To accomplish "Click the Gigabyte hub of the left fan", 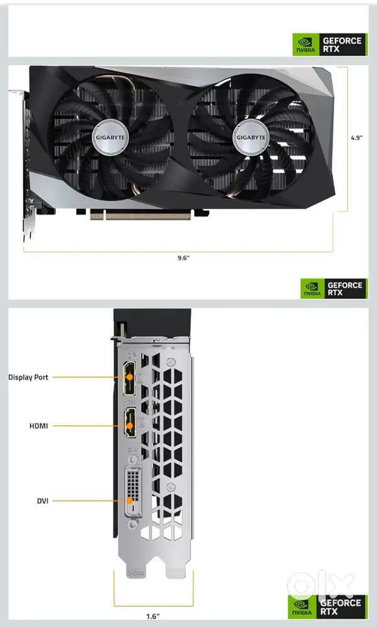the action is tap(110, 138).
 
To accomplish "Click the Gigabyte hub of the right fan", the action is tap(251, 138).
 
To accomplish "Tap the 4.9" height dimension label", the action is tap(356, 138).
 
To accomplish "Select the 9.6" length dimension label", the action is tap(183, 258).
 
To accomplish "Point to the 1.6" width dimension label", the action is tap(152, 616).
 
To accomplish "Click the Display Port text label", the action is tap(28, 377).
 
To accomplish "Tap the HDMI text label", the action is tap(38, 426).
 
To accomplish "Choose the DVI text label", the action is tap(43, 501).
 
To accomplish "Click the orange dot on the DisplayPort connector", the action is tap(129, 377).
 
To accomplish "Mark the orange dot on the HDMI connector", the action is tap(129, 425).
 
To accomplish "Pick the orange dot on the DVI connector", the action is tap(130, 501).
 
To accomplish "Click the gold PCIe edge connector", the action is tap(140, 216).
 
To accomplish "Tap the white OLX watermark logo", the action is tap(320, 585).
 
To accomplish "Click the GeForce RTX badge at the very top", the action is tap(330, 45).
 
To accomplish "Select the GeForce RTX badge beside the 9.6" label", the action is tap(334, 288).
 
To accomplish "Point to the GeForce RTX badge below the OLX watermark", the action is tap(328, 607).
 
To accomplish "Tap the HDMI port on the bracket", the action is tap(130, 422).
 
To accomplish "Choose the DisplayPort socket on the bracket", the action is tap(130, 377).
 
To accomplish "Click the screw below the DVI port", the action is tap(132, 524).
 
